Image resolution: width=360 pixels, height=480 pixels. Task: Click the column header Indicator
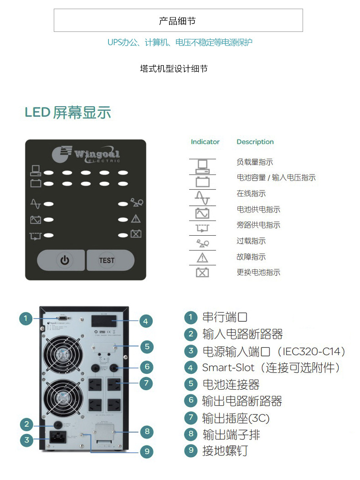click(205, 142)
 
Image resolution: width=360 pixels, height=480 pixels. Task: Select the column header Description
click(255, 142)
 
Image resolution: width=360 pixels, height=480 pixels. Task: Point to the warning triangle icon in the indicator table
click(202, 258)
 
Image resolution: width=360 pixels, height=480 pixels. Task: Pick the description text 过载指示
click(251, 241)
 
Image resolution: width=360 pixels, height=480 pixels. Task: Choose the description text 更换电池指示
click(258, 273)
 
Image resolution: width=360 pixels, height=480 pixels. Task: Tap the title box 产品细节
click(178, 21)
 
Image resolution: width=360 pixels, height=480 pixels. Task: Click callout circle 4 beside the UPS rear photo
click(145, 321)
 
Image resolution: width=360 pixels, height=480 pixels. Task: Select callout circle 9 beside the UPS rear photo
click(146, 452)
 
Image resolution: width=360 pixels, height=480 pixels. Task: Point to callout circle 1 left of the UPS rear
click(26, 318)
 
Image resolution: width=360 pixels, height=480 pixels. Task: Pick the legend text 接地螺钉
click(225, 451)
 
